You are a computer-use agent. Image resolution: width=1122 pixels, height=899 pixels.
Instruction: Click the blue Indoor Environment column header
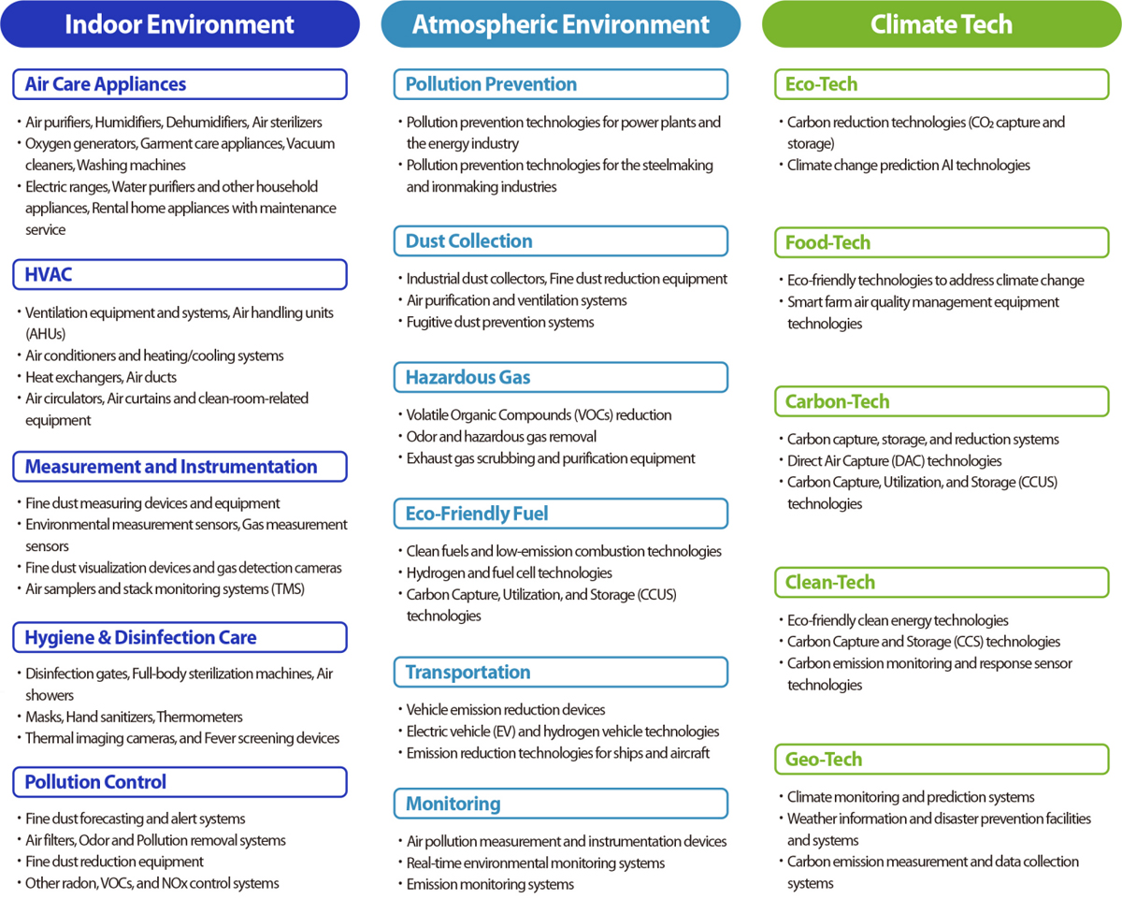coord(180,24)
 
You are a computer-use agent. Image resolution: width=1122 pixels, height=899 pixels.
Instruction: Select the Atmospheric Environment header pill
coord(560,24)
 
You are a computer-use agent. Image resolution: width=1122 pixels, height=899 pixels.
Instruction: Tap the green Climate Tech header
coord(941,24)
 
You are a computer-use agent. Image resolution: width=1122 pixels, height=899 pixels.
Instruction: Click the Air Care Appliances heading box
coord(180,84)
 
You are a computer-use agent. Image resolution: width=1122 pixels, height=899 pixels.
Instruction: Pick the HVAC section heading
coord(180,275)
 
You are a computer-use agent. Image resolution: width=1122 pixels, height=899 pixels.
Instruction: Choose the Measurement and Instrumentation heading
coord(180,467)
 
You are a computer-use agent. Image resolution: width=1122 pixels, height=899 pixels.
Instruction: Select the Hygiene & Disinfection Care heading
coord(180,637)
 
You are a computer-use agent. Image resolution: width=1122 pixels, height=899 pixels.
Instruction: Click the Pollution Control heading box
coord(180,782)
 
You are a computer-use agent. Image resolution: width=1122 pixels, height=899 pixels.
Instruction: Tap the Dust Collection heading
coord(560,241)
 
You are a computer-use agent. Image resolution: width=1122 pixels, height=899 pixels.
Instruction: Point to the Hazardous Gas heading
coord(560,378)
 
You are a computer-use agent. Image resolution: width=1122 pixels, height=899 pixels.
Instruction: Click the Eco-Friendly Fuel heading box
coord(560,514)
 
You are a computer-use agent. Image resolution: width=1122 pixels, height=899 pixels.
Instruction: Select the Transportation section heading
coord(560,672)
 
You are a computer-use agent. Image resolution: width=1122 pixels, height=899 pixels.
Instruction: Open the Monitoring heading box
coord(560,804)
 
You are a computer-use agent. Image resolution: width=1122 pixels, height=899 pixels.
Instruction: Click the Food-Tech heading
coord(941,243)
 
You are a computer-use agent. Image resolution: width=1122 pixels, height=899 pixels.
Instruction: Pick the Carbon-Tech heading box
coord(941,402)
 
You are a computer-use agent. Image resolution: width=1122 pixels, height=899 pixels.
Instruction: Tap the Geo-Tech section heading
coord(941,760)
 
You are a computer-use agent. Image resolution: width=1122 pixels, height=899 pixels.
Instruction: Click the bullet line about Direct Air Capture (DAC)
coord(894,461)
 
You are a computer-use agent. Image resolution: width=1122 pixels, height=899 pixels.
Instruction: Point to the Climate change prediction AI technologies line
coord(908,166)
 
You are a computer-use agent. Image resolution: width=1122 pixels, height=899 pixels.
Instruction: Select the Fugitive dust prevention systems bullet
coord(500,323)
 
